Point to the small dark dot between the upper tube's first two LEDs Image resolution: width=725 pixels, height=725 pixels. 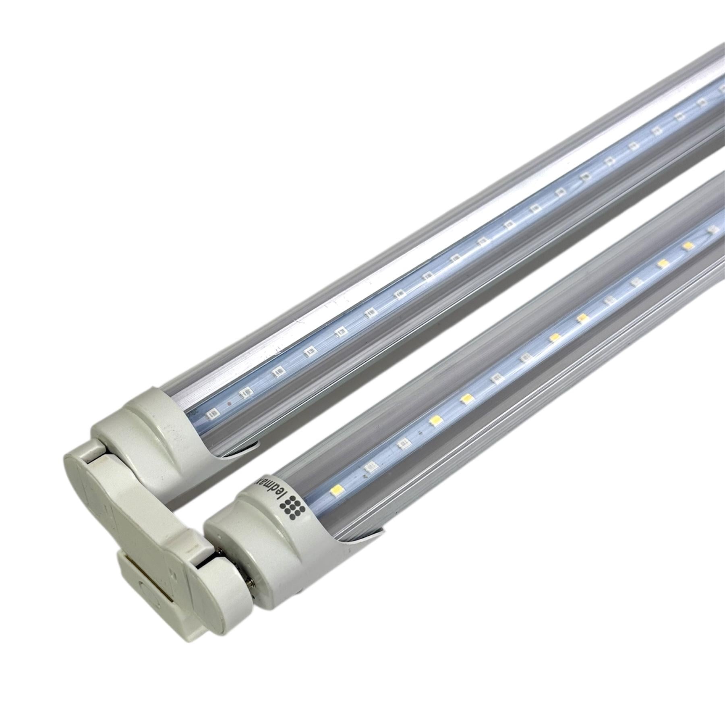point(229,402)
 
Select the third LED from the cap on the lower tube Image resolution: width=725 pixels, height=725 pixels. point(403,443)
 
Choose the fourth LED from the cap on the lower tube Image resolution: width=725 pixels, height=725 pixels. point(436,420)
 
